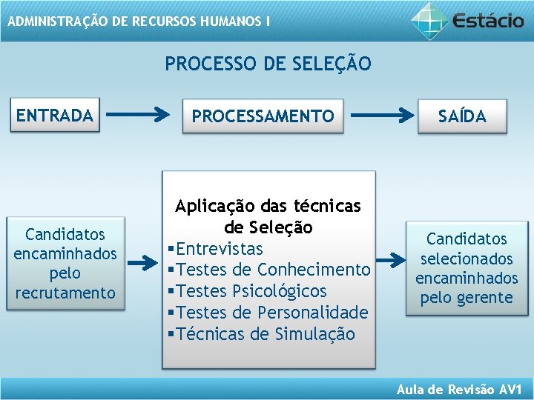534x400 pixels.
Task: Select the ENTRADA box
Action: point(55,116)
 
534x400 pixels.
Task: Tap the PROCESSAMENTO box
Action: point(263,116)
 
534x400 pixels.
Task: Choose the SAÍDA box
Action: point(462,116)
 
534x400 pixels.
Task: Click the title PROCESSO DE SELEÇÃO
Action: point(268,64)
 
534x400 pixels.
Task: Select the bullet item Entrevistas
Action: point(220,248)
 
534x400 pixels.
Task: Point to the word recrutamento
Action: point(65,293)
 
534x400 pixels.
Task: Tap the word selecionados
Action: point(467,259)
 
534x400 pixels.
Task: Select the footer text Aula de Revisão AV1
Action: point(460,390)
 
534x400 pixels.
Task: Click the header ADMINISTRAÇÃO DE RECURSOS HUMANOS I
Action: point(139,21)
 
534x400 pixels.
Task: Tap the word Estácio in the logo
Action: point(487,20)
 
